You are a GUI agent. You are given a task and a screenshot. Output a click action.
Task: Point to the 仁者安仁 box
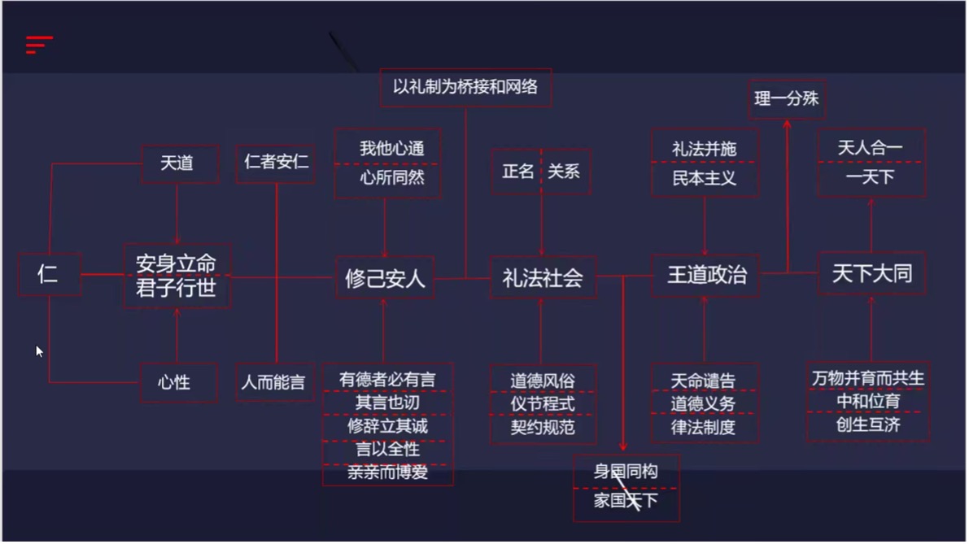click(x=276, y=163)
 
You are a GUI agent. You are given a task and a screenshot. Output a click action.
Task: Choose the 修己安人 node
click(x=385, y=278)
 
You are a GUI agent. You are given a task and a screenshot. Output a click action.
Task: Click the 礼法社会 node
click(x=543, y=278)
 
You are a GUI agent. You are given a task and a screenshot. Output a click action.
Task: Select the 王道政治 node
click(x=705, y=276)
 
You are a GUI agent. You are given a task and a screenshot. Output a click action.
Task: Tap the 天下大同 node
click(x=872, y=273)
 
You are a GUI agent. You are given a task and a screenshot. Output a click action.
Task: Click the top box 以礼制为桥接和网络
click(x=466, y=88)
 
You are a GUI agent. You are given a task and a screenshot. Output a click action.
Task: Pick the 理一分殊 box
click(x=787, y=98)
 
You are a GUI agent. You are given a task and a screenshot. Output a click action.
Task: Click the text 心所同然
click(x=392, y=178)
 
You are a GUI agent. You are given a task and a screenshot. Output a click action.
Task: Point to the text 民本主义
click(x=705, y=178)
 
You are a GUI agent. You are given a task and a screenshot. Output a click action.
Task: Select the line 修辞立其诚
click(x=387, y=426)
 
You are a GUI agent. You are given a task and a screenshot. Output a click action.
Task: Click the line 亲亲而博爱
click(x=387, y=473)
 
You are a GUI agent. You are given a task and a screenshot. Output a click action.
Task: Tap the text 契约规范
click(x=543, y=427)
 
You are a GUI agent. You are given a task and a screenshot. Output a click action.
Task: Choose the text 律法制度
click(x=703, y=427)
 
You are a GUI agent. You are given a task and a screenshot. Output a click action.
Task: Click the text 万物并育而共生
click(x=868, y=378)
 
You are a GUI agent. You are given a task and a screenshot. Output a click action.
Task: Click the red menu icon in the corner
click(x=39, y=45)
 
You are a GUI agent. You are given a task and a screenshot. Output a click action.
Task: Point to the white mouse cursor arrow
click(x=39, y=351)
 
